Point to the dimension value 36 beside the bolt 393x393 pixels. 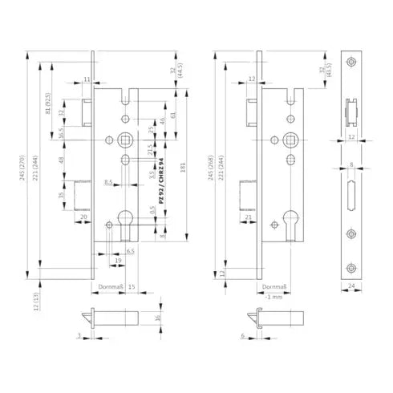[x=158, y=320]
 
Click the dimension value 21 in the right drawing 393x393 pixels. [x=248, y=218]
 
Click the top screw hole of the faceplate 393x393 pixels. [x=352, y=63]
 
